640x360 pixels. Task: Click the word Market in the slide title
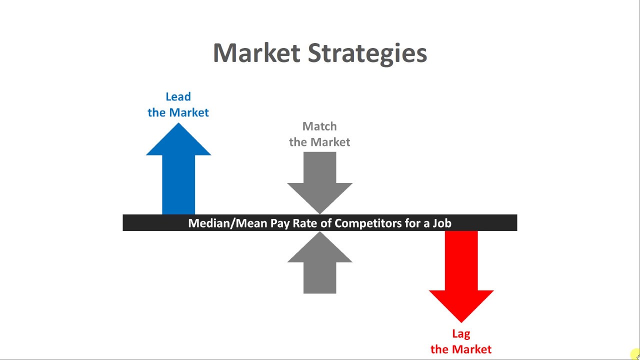[x=256, y=52]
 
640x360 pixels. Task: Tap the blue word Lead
[x=178, y=96]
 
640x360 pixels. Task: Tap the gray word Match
[x=319, y=126]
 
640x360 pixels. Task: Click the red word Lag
[x=461, y=334]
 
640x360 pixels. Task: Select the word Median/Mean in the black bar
[x=227, y=223]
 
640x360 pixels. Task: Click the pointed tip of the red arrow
[x=461, y=321]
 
